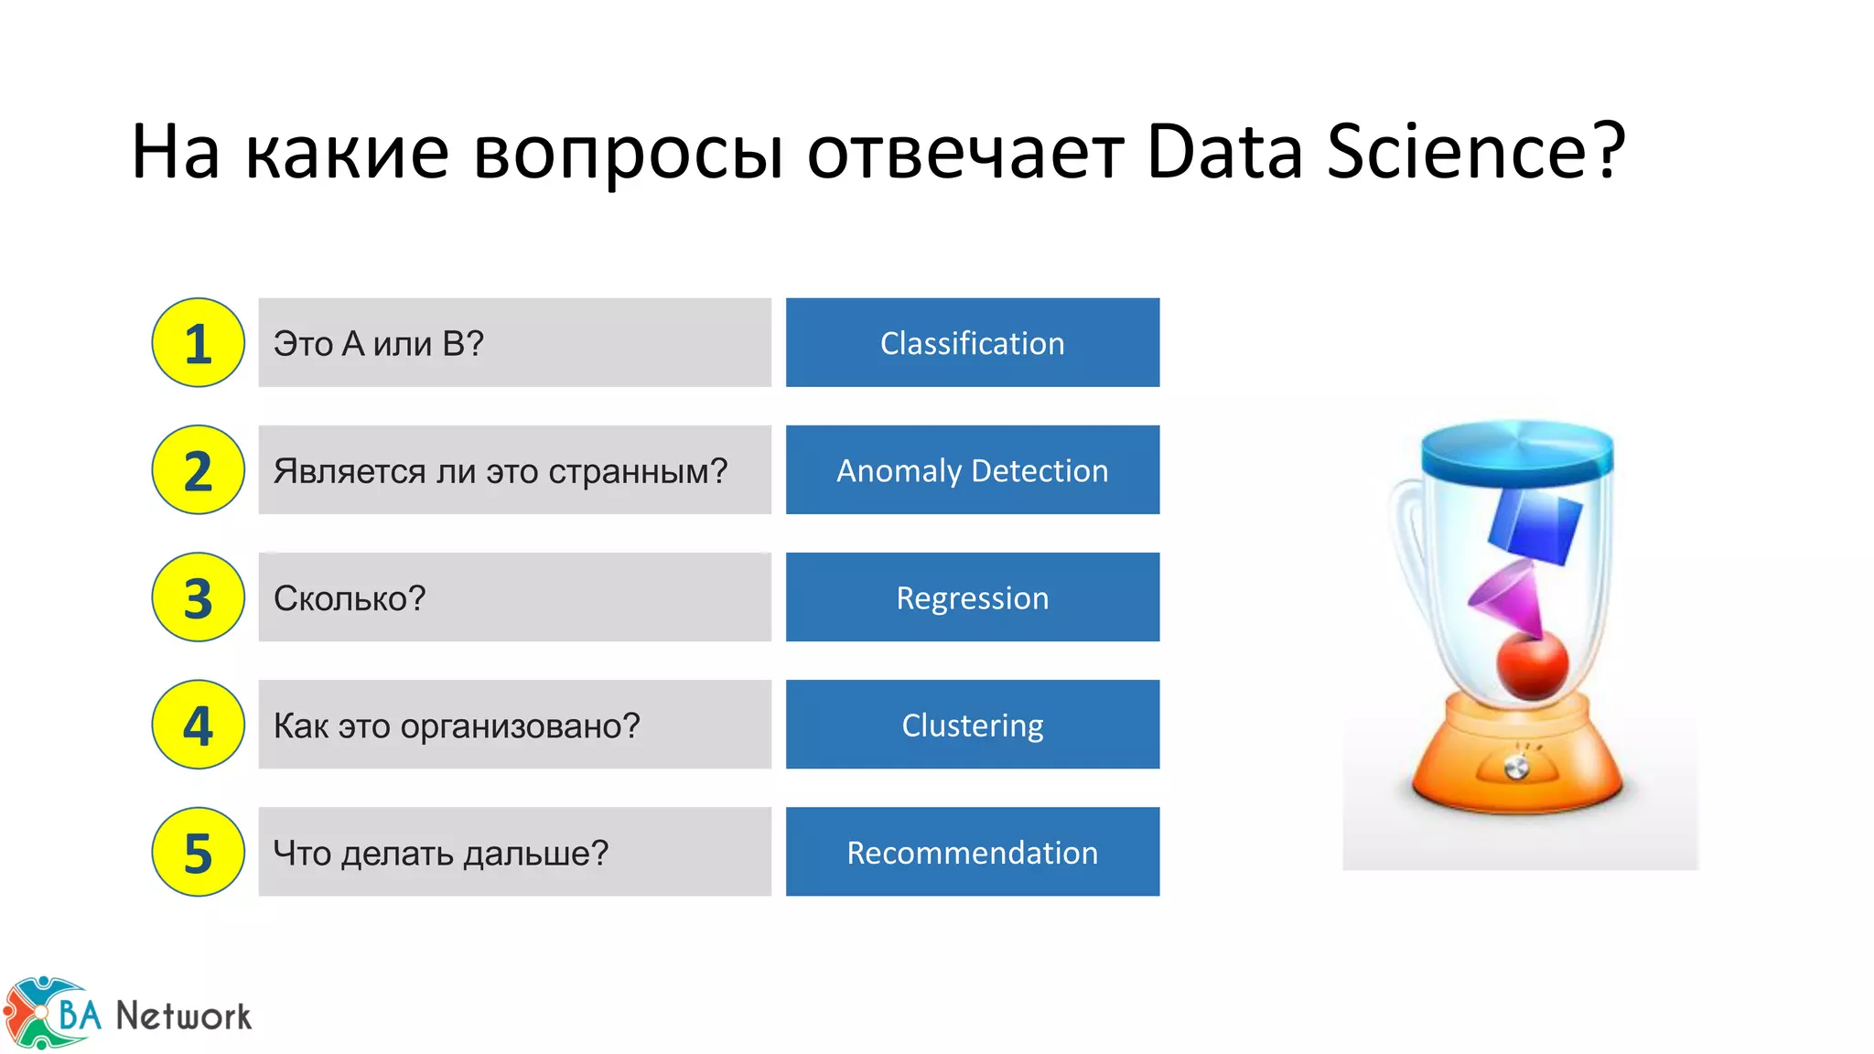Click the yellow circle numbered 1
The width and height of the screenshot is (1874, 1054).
coord(198,343)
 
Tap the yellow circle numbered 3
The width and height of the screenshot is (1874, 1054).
coord(198,597)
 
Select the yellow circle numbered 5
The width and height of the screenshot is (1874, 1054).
coord(198,852)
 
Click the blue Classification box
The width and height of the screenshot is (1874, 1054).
coord(972,343)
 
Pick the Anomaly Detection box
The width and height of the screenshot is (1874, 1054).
coord(972,470)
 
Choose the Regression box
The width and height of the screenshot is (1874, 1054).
coord(972,597)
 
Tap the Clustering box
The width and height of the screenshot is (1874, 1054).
coord(972,725)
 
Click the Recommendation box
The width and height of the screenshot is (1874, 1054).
coord(972,852)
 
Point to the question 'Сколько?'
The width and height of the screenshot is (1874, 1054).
coord(350,598)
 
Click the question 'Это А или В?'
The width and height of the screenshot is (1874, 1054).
coord(378,344)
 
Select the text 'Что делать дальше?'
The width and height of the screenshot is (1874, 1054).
coord(440,853)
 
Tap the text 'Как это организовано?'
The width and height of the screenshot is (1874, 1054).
coord(457,726)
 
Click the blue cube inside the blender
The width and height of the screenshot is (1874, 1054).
coord(1535,527)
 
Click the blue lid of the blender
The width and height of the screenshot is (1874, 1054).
coord(1517,451)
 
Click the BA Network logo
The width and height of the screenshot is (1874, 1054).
coord(128,1014)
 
